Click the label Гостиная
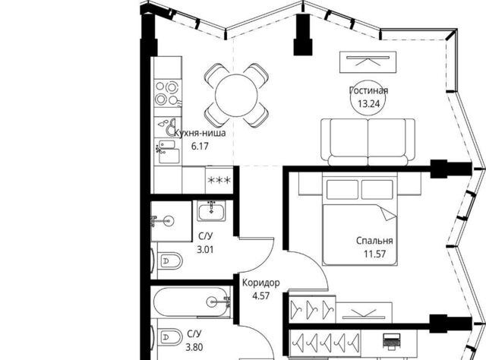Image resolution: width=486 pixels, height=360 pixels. pos(368,90)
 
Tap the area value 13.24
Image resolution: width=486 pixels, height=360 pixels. pos(368,103)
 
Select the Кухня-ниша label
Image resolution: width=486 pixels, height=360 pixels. pos(200,134)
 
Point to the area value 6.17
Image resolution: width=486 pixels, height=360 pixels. pos(200,146)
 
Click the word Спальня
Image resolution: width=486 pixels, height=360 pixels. pos(374,241)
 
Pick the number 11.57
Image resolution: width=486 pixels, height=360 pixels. pos(374,254)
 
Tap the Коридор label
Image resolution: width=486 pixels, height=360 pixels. pos(261,283)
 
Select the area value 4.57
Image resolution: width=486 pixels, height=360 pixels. pos(261,295)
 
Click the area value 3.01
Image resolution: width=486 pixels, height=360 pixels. pos(205,249)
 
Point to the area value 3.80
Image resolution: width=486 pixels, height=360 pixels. pos(194,347)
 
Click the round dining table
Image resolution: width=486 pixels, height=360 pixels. pos(236,95)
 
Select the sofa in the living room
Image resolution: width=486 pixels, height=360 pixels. pos(368,142)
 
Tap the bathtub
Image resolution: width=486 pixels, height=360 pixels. pos(191,302)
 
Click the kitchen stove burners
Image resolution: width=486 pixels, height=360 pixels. pos(167,93)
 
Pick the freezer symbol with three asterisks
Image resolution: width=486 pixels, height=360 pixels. pos(219,180)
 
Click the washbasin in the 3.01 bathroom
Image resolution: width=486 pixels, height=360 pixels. pos(212,211)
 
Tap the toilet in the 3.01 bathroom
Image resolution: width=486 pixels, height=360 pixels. pos(168,261)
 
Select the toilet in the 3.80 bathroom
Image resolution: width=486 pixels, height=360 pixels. pos(168,338)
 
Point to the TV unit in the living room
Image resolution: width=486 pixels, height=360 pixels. pos(368,62)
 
